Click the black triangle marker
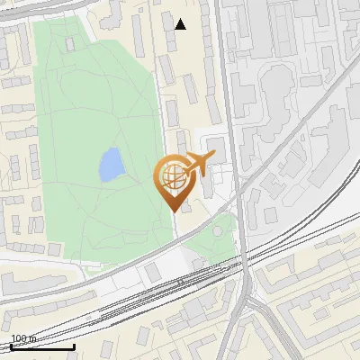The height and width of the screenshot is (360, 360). pos(181,24)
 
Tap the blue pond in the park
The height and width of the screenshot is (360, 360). pos(111,165)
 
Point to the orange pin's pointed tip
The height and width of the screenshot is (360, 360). pos(173,210)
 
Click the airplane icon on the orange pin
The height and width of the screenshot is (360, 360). pos(198,164)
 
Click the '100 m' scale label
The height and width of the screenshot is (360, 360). pos(23,338)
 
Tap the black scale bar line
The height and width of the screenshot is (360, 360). pos(41,346)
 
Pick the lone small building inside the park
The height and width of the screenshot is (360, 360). pos(70,42)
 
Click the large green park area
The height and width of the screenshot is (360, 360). pos(90,108)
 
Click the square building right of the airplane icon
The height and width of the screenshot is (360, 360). pos(217,146)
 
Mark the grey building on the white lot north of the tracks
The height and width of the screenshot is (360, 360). pos(152,271)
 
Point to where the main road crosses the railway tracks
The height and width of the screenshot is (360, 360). pos(243,261)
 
